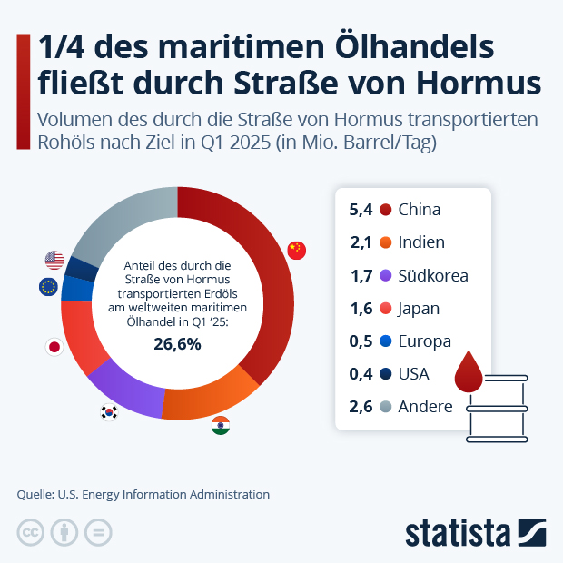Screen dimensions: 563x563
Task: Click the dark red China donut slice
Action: [269, 272]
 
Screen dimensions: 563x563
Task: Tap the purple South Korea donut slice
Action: [127, 386]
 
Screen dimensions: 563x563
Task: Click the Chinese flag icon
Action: [297, 251]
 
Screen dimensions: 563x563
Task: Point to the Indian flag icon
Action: [221, 425]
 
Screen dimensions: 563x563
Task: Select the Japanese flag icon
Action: [54, 347]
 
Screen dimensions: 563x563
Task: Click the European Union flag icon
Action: [48, 288]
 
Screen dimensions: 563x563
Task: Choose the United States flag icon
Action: [54, 261]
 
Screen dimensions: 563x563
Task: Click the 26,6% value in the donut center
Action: [177, 344]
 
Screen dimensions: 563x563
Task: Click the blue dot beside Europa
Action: [385, 341]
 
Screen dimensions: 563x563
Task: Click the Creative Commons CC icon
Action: [31, 532]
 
